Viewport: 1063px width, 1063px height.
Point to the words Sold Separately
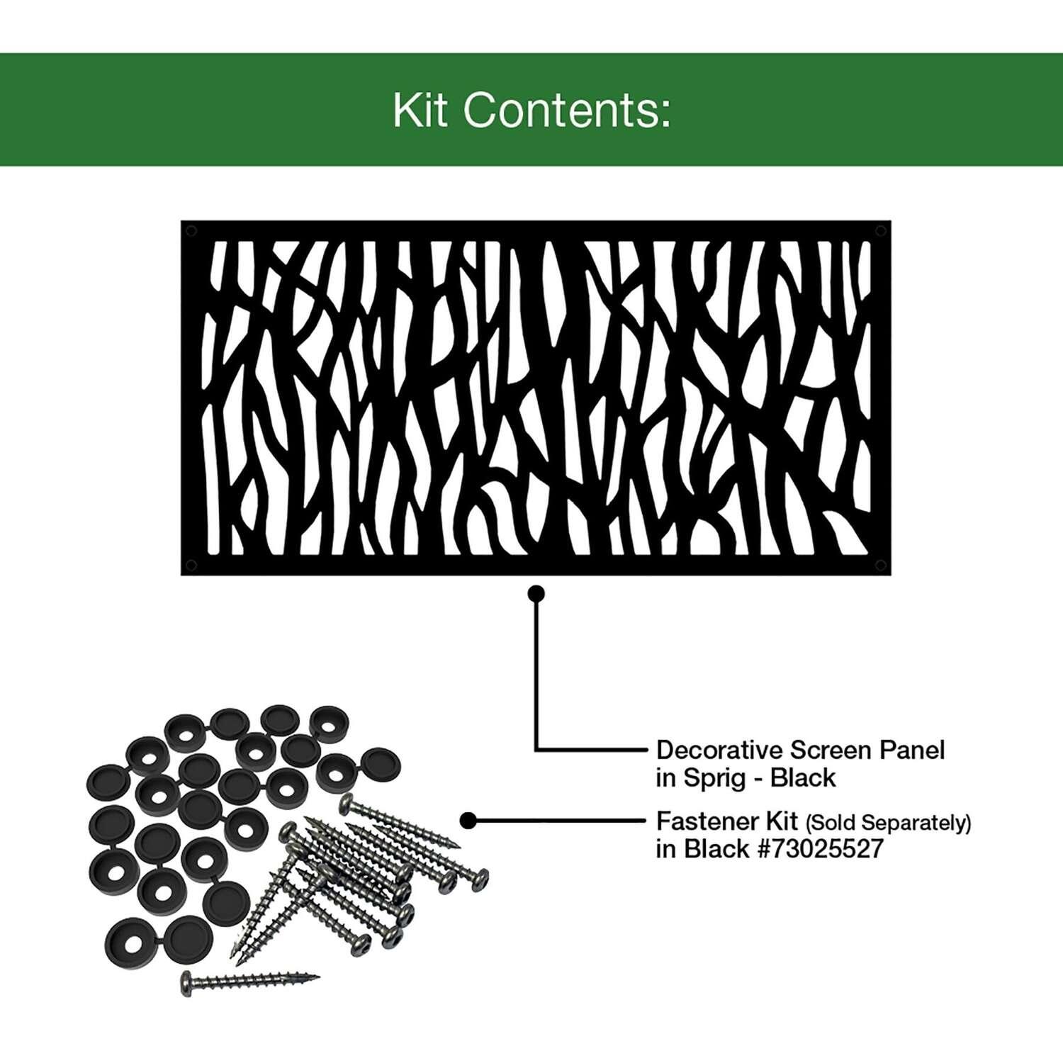pos(888,823)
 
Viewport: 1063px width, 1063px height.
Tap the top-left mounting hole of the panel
pos(190,230)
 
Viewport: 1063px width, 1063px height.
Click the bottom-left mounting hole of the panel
pos(190,565)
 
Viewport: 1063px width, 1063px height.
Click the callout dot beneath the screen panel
pos(536,593)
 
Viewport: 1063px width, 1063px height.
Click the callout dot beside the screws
pos(468,821)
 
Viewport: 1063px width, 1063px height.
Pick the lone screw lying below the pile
pos(249,981)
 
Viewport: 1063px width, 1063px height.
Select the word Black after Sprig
pos(803,778)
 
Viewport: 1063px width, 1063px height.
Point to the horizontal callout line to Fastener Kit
pos(559,821)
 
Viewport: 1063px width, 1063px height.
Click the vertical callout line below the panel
pos(536,671)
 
